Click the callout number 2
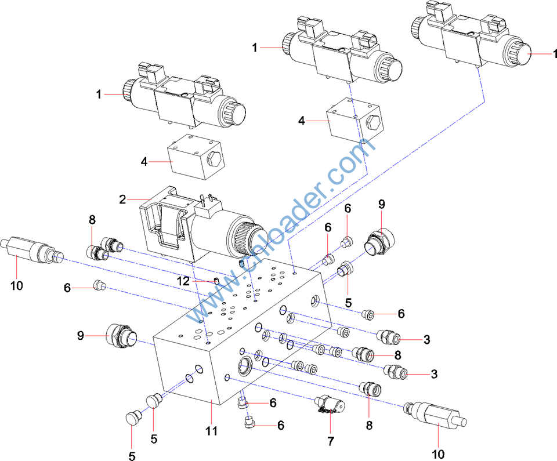[122, 199]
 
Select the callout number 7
[331, 441]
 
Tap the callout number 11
[211, 431]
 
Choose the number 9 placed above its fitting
[382, 204]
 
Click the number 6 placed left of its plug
[67, 287]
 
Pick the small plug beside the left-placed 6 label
[99, 284]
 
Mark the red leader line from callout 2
[140, 199]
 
